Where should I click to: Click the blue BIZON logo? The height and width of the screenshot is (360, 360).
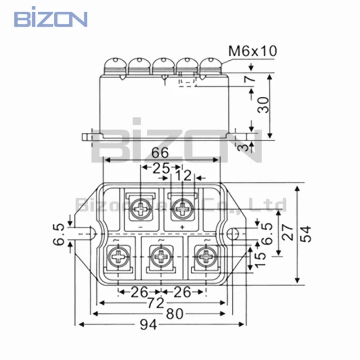click(50, 19)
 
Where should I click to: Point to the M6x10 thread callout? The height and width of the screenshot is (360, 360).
click(252, 51)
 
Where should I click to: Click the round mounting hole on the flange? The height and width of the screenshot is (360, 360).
click(233, 234)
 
